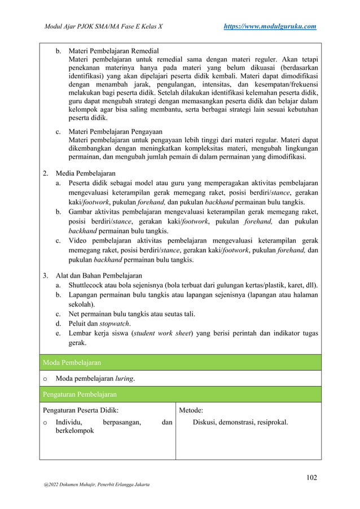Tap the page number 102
point(310,477)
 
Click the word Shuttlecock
point(90,286)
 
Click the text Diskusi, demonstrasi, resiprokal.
point(240,420)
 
